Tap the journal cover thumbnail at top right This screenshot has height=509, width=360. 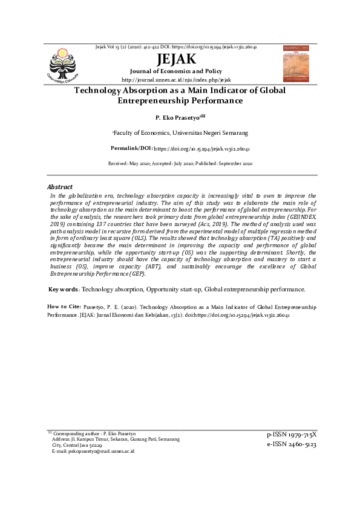point(295,64)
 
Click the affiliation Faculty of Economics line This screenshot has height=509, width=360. point(179,132)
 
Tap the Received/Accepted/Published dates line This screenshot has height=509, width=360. point(180,164)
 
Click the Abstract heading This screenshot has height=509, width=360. point(60,187)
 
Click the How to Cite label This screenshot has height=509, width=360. point(64,307)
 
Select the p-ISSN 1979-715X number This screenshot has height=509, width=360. point(292,435)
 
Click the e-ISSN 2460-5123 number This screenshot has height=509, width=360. point(292,445)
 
